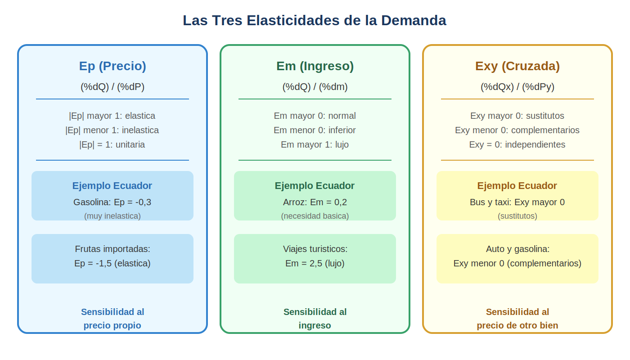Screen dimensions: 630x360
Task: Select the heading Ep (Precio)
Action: (x=112, y=66)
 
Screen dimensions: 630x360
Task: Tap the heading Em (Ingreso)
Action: (x=315, y=66)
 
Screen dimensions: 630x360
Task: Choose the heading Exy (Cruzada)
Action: (x=517, y=66)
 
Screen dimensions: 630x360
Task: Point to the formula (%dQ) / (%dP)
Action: (x=112, y=86)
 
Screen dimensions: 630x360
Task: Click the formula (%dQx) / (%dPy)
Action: (x=517, y=86)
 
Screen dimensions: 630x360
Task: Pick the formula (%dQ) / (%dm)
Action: (x=315, y=86)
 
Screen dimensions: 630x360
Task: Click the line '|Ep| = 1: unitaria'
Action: (x=112, y=144)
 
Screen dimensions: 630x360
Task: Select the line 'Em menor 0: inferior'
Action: (x=315, y=130)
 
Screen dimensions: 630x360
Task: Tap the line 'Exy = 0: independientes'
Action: (x=517, y=144)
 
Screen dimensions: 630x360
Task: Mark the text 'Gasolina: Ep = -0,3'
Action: (x=112, y=202)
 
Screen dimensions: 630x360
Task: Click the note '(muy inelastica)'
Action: (x=112, y=216)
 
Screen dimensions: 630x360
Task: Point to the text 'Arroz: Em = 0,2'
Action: (x=315, y=202)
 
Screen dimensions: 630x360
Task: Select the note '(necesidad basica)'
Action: (x=315, y=216)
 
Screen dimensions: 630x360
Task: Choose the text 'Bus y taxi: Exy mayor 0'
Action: (x=517, y=202)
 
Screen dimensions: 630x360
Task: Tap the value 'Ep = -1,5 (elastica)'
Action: (x=112, y=264)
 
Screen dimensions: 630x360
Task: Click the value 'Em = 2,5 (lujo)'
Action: (x=315, y=264)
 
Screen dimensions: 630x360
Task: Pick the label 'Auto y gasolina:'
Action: (x=518, y=249)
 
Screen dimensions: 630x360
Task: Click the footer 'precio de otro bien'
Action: (x=517, y=325)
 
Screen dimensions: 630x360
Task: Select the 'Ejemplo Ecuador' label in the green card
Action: (x=315, y=185)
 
